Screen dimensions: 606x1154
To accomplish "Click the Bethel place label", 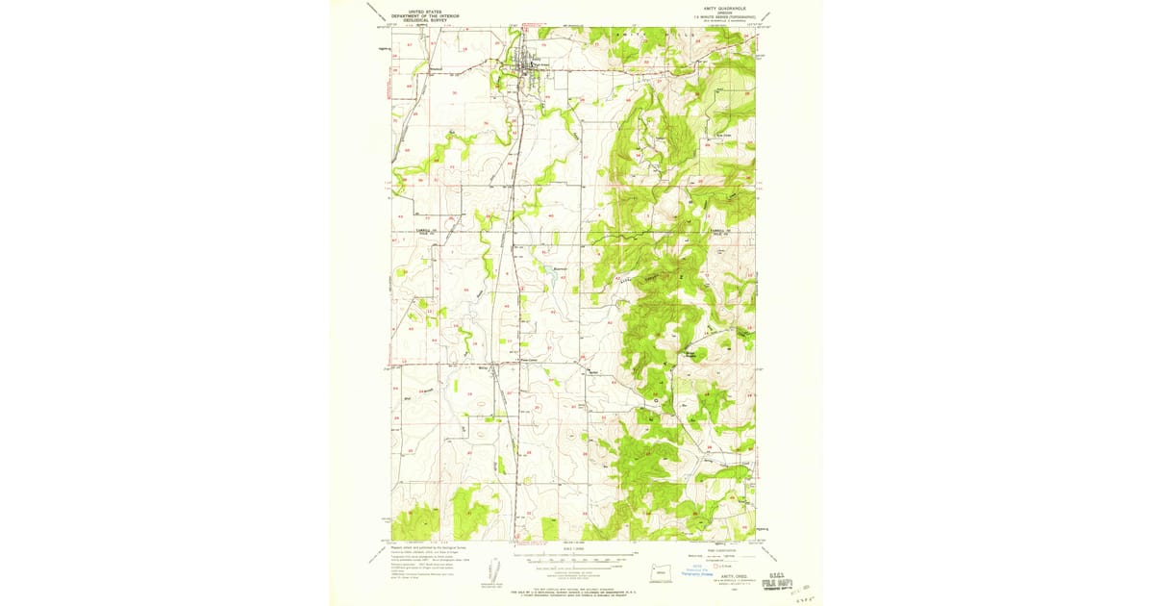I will (593, 372).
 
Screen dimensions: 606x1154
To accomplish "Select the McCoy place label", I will (483, 367).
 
